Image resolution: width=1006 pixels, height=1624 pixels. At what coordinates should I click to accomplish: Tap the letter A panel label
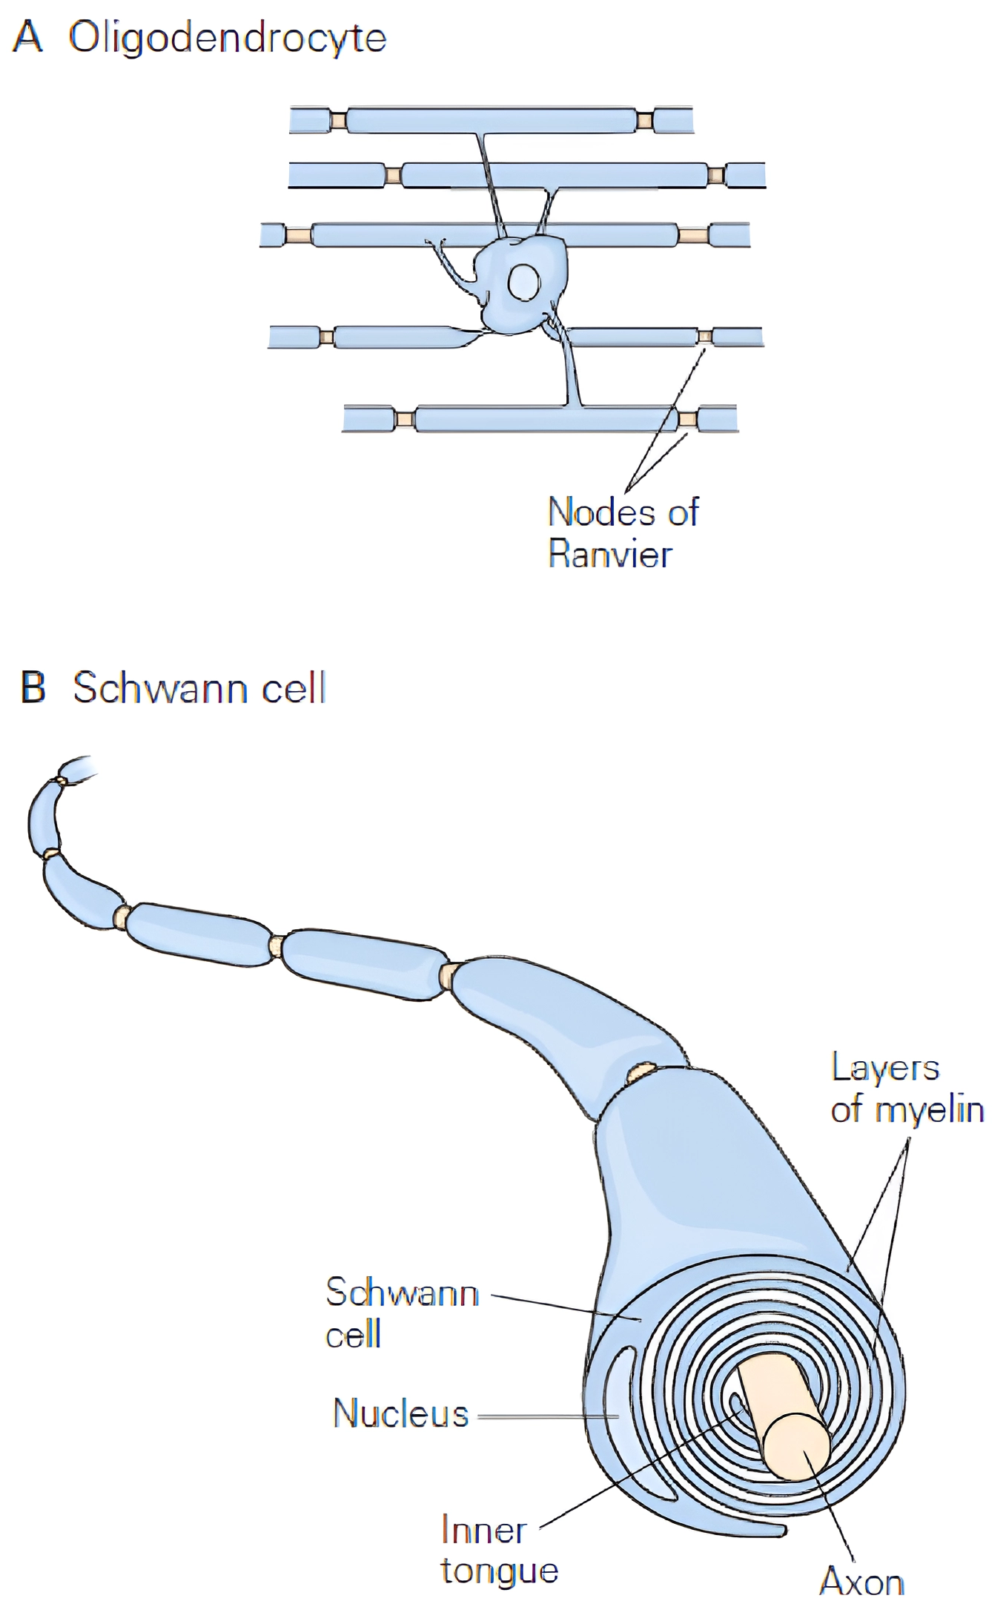click(x=27, y=36)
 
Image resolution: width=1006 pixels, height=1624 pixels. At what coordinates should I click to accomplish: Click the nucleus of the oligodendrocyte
click(x=523, y=283)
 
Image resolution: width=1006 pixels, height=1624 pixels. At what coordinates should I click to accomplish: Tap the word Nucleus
click(x=400, y=1413)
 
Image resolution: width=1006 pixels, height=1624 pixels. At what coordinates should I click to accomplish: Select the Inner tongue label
click(x=498, y=1550)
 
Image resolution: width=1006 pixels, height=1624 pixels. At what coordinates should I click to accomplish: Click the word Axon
click(x=861, y=1582)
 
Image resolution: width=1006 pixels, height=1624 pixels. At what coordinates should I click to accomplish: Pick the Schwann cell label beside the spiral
click(x=401, y=1313)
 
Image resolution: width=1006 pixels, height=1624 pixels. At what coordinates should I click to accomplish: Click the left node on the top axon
click(x=338, y=120)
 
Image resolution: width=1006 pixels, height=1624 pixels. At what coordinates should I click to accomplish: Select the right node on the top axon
click(x=644, y=120)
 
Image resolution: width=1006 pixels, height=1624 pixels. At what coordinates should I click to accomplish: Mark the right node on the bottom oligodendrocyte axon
click(x=687, y=419)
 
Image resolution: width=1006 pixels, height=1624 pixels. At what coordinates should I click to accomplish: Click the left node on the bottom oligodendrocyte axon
click(x=404, y=419)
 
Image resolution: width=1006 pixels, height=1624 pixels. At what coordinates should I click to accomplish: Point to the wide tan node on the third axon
click(x=692, y=235)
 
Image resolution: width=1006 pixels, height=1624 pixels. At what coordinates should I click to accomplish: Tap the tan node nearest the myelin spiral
click(x=641, y=1072)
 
